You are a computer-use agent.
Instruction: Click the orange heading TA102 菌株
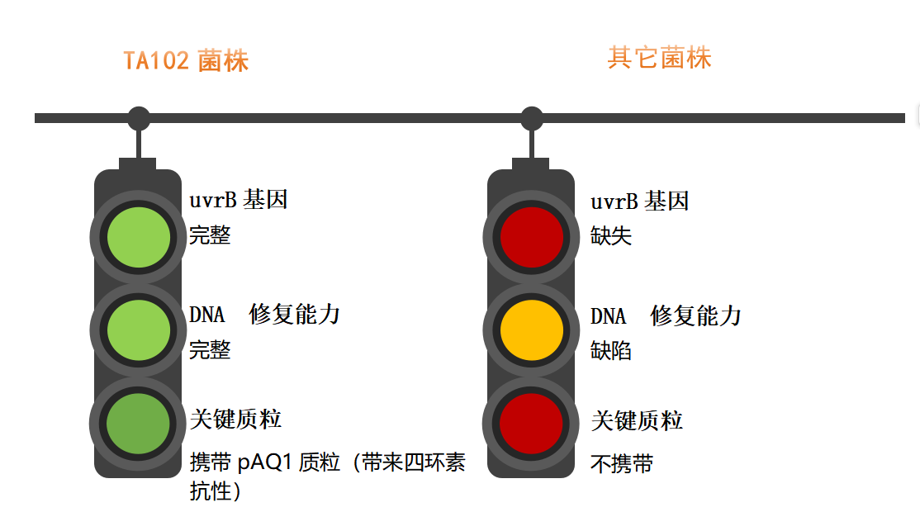[186, 61]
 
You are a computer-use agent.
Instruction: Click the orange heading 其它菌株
[659, 58]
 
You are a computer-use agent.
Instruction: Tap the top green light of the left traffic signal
[139, 238]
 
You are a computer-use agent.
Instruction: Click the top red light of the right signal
[532, 238]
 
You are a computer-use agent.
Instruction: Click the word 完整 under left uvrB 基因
[210, 235]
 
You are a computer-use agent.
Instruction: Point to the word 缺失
[611, 236]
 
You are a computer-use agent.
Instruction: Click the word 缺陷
[611, 351]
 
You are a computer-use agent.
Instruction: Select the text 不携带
[622, 464]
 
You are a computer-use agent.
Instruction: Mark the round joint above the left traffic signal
[139, 118]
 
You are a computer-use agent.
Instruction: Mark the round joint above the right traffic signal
[532, 118]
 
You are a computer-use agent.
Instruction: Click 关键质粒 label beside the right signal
[637, 421]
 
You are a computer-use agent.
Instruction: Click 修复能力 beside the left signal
[295, 315]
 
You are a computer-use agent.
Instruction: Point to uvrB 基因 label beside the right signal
[639, 201]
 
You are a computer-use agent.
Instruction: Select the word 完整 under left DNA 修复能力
[210, 350]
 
